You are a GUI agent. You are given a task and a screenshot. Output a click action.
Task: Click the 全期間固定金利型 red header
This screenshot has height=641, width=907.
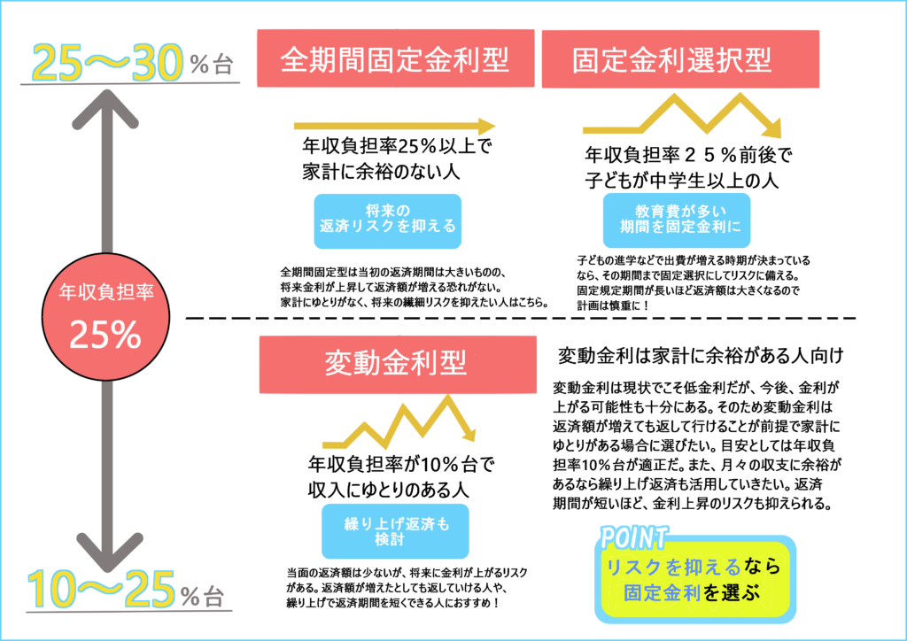point(396,58)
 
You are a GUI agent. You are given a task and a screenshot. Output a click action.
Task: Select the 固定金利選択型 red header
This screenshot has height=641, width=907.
point(680,59)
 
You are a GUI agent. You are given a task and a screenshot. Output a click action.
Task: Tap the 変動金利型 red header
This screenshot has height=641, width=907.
point(398,365)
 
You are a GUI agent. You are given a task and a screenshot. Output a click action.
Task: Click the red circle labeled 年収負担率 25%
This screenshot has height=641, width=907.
point(106,317)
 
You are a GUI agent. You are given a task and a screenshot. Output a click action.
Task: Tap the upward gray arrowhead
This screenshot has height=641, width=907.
point(105,109)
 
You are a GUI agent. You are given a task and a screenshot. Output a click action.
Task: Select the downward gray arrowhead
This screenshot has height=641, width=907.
point(107,552)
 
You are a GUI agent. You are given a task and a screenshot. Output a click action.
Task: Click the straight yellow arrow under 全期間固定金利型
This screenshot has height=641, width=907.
point(394,126)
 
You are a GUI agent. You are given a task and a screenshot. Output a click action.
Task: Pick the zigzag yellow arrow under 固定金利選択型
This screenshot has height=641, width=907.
point(683,116)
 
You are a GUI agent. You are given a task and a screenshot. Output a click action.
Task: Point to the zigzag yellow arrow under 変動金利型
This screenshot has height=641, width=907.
point(399,420)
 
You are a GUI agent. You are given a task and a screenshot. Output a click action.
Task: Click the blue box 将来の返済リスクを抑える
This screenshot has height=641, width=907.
point(388,221)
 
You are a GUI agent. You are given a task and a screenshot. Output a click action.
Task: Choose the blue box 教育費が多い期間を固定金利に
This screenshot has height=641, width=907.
point(677,220)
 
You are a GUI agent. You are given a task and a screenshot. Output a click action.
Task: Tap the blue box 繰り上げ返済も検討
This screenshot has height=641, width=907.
point(395,531)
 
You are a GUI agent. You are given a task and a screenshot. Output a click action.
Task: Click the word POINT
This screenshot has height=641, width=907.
point(634,537)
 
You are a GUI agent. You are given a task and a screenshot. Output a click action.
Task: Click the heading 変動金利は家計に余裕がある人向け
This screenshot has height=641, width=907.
point(701,355)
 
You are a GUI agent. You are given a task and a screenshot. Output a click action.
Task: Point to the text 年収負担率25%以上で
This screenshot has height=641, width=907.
point(397,146)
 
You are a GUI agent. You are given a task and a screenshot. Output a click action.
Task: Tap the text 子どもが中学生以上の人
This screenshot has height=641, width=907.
point(681,181)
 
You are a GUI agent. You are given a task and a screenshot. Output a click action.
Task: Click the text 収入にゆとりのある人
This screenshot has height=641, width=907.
point(389,490)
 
